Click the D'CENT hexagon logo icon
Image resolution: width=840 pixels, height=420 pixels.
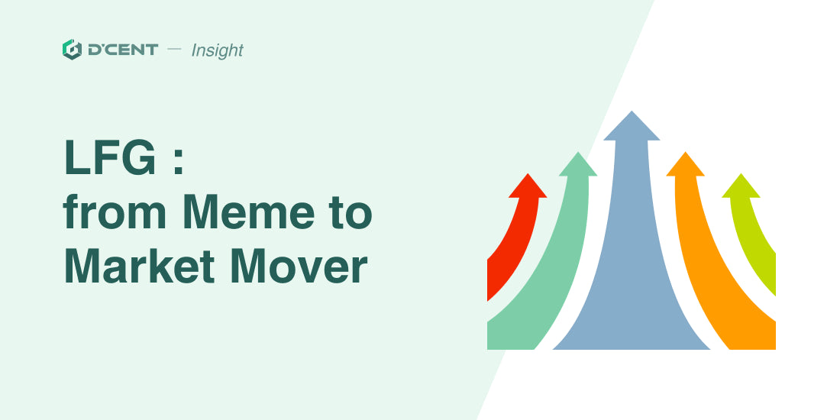(x=72, y=50)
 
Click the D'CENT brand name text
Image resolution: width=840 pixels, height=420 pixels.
(x=123, y=50)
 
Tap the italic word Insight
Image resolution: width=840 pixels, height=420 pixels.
(x=217, y=50)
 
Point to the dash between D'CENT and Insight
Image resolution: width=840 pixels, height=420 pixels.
(x=175, y=50)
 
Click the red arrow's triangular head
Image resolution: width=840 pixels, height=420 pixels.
(x=528, y=187)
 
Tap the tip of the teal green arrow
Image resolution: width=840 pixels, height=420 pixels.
(x=578, y=152)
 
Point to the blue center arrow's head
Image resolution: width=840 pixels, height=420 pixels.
(x=632, y=127)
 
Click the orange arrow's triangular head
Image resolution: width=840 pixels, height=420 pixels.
(x=685, y=165)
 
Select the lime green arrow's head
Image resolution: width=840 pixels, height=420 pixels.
(x=741, y=187)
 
